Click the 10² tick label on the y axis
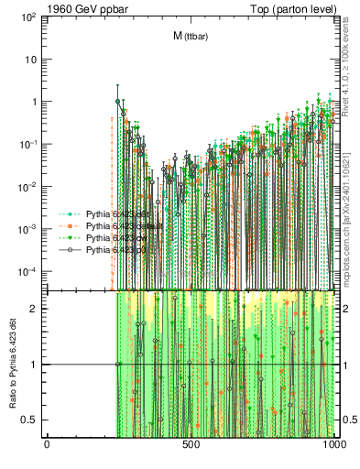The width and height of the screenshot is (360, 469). (x=31, y=16)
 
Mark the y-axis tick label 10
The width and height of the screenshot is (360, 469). (x=33, y=60)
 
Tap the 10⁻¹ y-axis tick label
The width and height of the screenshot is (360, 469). (x=31, y=144)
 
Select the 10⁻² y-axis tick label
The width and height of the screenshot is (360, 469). (x=31, y=187)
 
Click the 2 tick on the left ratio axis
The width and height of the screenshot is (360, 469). (x=38, y=309)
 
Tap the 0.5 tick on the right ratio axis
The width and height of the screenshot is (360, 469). (x=348, y=420)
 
